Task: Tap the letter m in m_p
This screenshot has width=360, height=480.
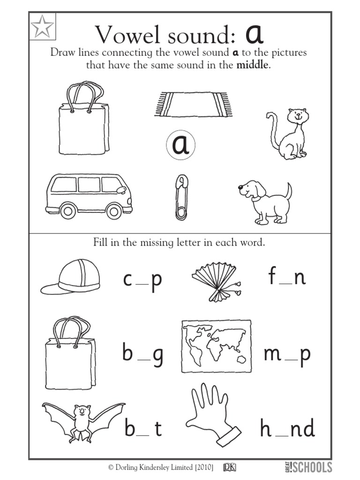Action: pos(272,354)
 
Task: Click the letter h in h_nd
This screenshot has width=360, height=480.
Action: pos(266,428)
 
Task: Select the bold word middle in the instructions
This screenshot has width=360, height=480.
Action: pos(253,65)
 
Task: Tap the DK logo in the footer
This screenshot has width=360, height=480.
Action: pos(230,467)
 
